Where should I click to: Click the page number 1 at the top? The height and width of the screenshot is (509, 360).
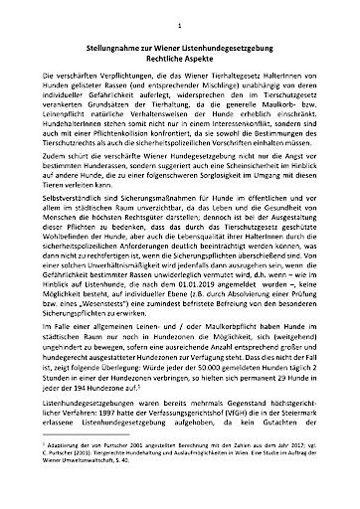click(x=180, y=17)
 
